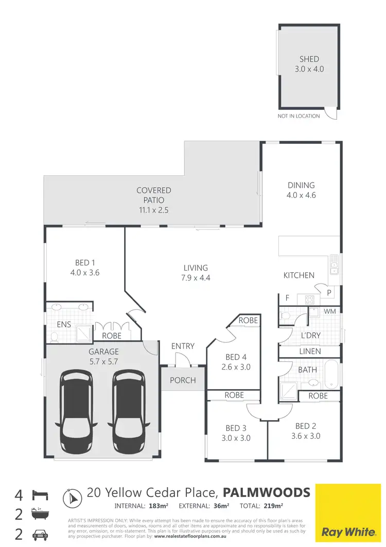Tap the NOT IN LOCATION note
(299, 116)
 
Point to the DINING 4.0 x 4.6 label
(301, 190)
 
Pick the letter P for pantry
(328, 293)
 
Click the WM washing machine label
(329, 312)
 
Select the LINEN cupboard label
(310, 352)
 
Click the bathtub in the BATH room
(332, 375)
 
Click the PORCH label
(183, 380)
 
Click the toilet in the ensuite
(54, 337)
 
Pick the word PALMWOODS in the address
(268, 492)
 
